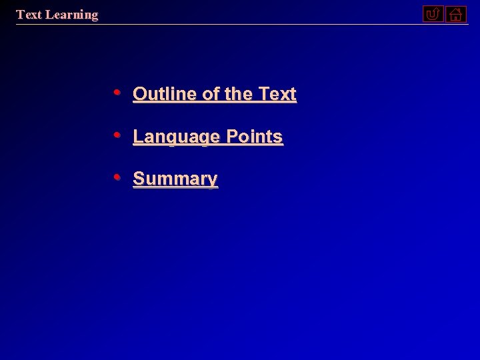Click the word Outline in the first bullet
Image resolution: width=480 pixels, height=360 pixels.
pyautogui.click(x=165, y=94)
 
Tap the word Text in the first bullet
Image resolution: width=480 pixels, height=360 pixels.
pyautogui.click(x=277, y=94)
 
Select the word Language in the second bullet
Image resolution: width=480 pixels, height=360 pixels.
pyautogui.click(x=177, y=137)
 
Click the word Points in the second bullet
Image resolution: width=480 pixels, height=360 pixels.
pyautogui.click(x=255, y=137)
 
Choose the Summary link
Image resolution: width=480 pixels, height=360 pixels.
pyautogui.click(x=175, y=179)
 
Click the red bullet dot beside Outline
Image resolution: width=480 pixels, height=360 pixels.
pyautogui.click(x=117, y=92)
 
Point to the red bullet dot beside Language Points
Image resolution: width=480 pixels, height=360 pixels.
pyautogui.click(x=117, y=135)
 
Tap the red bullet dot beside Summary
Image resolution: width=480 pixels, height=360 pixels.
pyautogui.click(x=117, y=177)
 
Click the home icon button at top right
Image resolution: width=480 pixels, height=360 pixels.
pyautogui.click(x=456, y=14)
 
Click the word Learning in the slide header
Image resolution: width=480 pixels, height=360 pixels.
pyautogui.click(x=71, y=15)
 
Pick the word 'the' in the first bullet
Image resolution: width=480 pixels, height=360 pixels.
pyautogui.click(x=239, y=94)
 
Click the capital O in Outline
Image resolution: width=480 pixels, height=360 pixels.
pyautogui.click(x=139, y=94)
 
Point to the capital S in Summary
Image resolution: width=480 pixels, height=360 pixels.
pyautogui.click(x=139, y=179)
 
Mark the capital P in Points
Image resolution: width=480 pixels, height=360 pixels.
pyautogui.click(x=232, y=137)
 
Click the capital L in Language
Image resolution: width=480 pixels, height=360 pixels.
pyautogui.click(x=137, y=137)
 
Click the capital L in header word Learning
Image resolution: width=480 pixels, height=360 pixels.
pyautogui.click(x=49, y=15)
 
